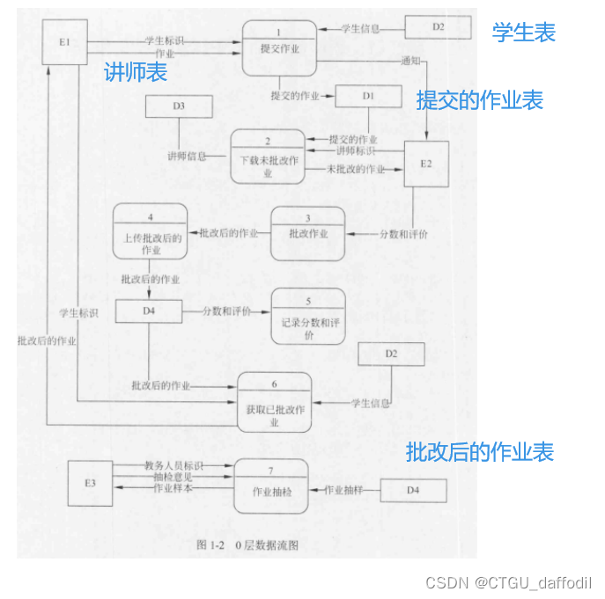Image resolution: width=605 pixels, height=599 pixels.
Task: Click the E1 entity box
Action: [65, 41]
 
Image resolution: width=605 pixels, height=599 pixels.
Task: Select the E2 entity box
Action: [427, 164]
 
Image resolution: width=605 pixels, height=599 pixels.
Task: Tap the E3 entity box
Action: [91, 483]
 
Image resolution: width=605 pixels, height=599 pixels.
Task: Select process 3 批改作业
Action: [307, 233]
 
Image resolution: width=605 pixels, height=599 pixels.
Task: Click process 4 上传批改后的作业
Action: [151, 231]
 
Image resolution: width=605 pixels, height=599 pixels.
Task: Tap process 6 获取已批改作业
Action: [275, 401]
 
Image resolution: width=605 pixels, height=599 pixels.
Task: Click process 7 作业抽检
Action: [271, 486]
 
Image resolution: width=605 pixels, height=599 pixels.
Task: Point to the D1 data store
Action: [367, 95]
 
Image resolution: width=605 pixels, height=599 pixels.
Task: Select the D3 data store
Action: [179, 106]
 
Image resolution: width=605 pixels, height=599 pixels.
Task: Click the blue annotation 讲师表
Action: [136, 72]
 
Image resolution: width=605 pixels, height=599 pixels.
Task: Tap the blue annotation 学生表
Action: [524, 33]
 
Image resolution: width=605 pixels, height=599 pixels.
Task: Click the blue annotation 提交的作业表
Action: [479, 100]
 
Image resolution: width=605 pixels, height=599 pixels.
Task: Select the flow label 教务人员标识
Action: [174, 464]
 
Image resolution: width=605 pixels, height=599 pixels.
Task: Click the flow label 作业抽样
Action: [344, 489]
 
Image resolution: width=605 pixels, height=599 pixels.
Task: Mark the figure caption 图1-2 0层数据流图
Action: [247, 545]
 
